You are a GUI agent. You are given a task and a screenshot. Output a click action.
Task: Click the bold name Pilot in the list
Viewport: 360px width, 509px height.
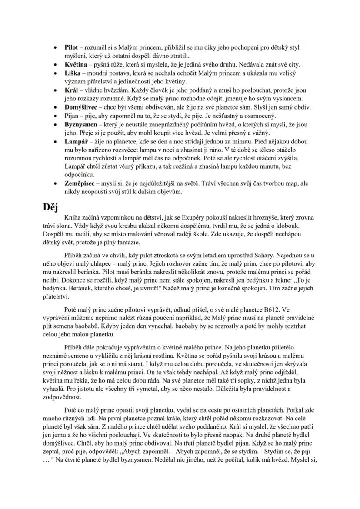coord(71,47)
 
